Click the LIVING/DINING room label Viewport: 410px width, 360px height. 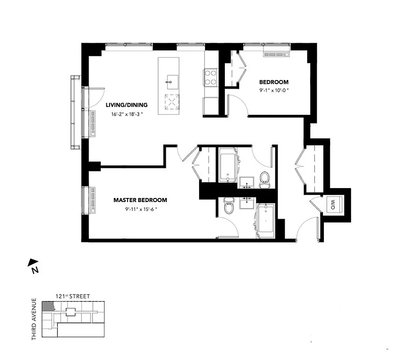(x=127, y=105)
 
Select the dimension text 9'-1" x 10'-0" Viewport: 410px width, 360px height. (x=273, y=90)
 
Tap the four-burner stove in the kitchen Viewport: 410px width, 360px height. (x=211, y=76)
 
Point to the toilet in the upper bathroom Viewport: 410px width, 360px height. (x=264, y=178)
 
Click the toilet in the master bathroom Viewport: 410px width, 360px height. (x=229, y=207)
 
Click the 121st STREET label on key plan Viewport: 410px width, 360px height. (x=72, y=296)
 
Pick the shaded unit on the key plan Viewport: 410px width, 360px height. (x=47, y=306)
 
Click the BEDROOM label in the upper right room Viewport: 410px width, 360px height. (x=273, y=82)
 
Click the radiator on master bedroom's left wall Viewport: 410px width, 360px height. (x=93, y=200)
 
